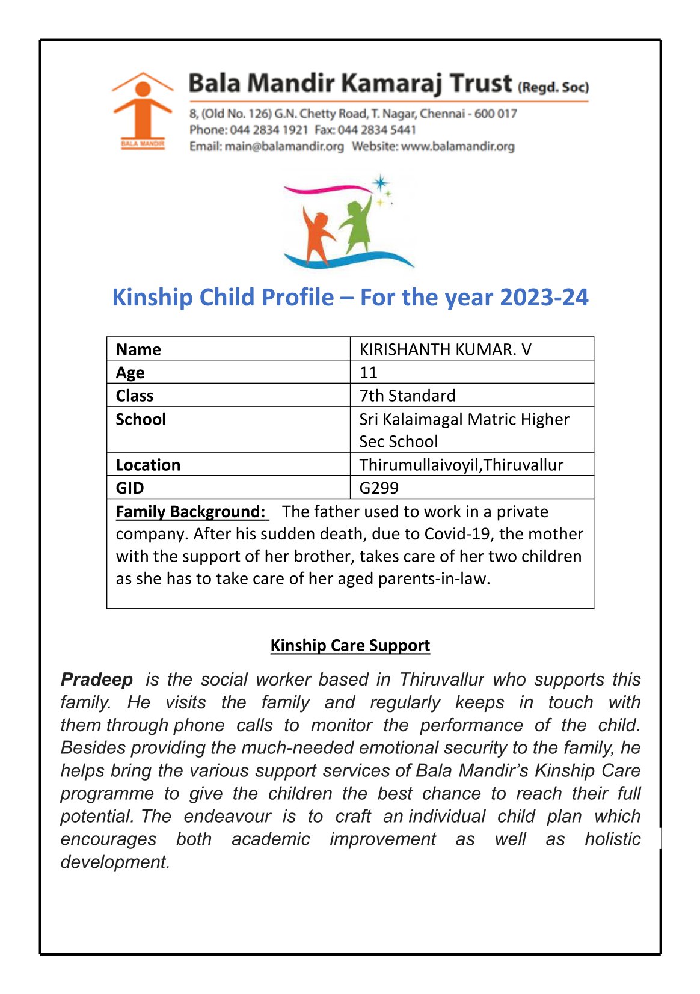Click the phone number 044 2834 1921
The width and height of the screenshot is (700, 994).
pyautogui.click(x=269, y=130)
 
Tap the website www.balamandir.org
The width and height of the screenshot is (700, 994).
pyautogui.click(x=458, y=146)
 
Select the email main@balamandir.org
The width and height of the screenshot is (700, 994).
pyautogui.click(x=284, y=146)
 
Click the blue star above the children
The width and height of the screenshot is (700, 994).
pyautogui.click(x=380, y=182)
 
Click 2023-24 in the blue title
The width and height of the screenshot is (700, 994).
pyautogui.click(x=544, y=298)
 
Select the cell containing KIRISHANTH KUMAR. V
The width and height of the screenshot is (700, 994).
pyautogui.click(x=445, y=349)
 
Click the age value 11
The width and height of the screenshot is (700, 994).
pyautogui.click(x=368, y=372)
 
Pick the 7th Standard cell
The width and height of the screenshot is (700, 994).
pyautogui.click(x=407, y=396)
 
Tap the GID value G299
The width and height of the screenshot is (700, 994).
pyautogui.click(x=379, y=488)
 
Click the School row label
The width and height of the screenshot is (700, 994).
pyautogui.click(x=141, y=419)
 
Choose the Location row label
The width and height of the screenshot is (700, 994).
pyautogui.click(x=148, y=465)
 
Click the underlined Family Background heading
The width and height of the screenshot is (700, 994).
pyautogui.click(x=191, y=512)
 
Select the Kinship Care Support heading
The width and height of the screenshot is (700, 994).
pyautogui.click(x=350, y=645)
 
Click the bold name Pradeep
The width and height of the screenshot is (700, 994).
pyautogui.click(x=97, y=680)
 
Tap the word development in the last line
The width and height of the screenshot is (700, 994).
pyautogui.click(x=115, y=862)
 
